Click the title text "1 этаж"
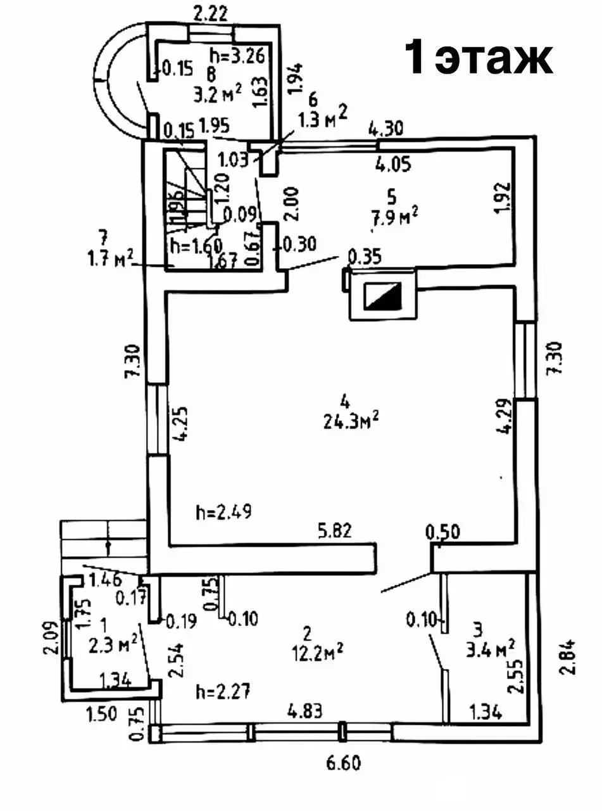479,58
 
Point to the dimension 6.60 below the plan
343,763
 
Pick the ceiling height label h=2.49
224,512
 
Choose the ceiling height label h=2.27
223,691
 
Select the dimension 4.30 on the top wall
386,129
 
